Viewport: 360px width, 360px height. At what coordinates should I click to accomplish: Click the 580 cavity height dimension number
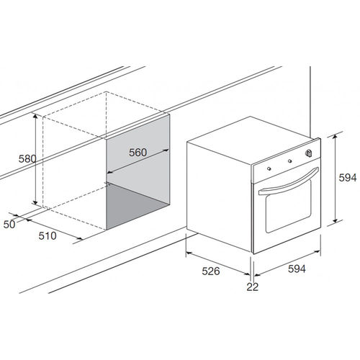27,158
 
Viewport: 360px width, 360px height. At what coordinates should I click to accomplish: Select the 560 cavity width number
138,153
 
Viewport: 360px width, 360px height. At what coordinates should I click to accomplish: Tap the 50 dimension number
9,224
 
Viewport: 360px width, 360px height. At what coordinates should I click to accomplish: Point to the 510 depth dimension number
48,235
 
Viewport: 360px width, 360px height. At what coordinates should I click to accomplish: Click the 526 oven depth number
211,271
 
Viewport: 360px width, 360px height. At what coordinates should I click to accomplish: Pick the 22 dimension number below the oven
253,287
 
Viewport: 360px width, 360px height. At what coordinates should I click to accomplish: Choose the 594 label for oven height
348,178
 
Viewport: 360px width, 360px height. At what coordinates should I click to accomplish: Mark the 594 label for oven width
297,269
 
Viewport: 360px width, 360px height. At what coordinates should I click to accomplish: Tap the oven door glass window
288,206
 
